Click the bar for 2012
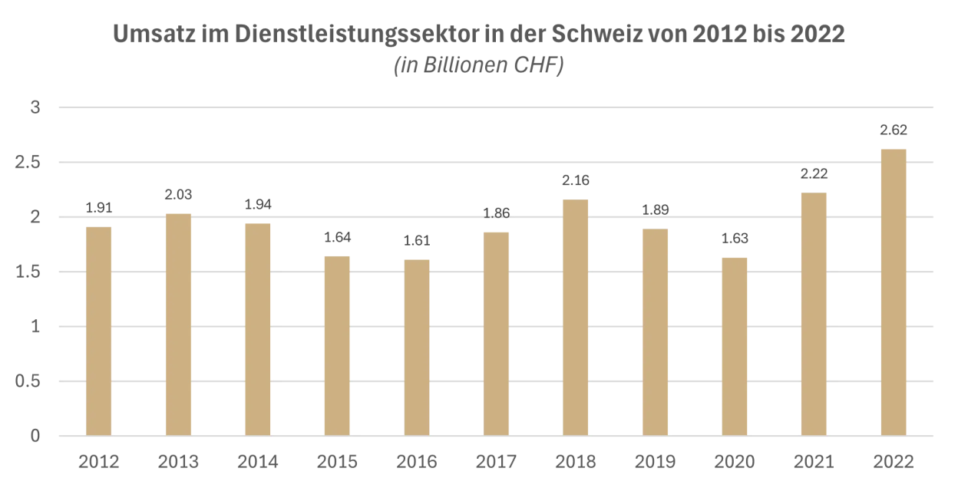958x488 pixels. [x=98, y=331]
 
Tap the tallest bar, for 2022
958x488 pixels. [x=894, y=292]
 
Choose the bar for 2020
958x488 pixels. [x=735, y=346]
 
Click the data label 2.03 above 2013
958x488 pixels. [x=178, y=195]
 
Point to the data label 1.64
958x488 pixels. [x=337, y=237]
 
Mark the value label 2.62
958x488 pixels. [x=894, y=130]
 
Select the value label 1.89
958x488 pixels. [x=655, y=210]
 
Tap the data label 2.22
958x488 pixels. [x=814, y=174]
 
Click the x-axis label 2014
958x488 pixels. [x=257, y=462]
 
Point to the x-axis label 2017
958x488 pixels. [x=496, y=462]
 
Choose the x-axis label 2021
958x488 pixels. [x=814, y=462]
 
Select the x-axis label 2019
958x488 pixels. [x=655, y=462]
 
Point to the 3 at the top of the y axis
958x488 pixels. [x=35, y=108]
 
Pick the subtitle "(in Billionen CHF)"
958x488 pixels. [x=479, y=67]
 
